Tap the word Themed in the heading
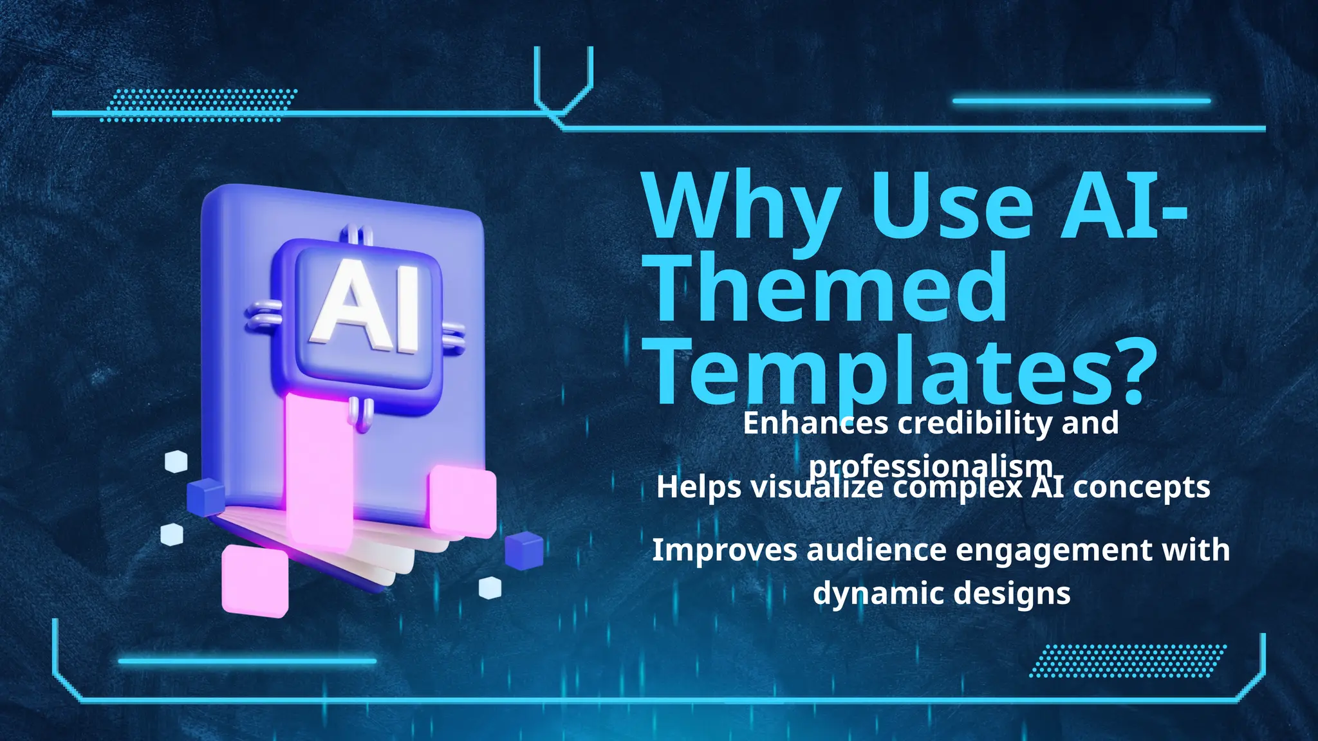830,288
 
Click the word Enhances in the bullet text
815,423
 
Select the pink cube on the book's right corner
462,501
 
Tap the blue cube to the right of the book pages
523,551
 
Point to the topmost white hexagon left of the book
176,461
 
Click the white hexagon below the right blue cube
490,587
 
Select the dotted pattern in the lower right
1128,661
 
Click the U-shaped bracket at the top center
562,80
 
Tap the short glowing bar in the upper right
1081,101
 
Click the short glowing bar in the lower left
247,661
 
